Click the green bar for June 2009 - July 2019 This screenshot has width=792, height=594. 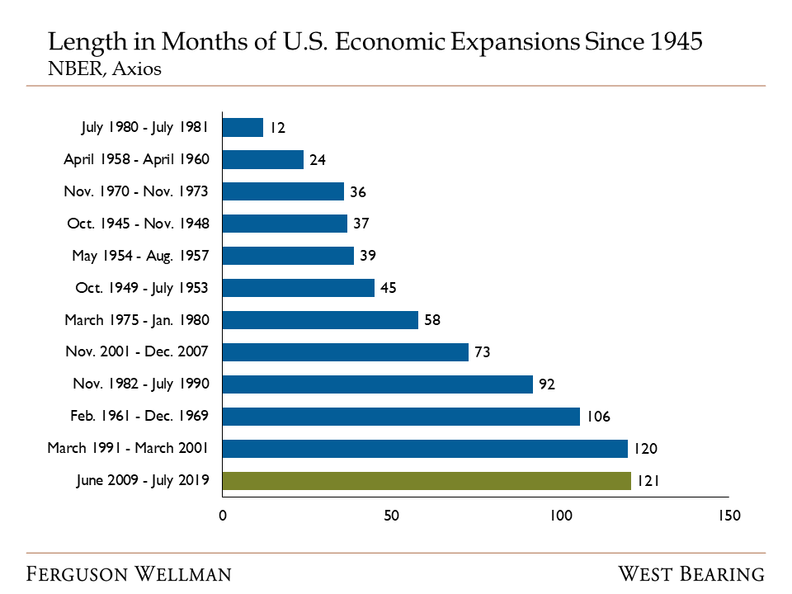427,481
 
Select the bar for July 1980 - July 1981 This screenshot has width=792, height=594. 243,128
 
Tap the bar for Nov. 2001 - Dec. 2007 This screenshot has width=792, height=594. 345,352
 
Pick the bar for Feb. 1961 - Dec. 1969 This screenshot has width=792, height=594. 401,417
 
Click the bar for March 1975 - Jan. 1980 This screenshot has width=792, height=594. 320,320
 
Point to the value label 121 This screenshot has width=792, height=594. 648,482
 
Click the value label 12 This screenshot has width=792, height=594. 277,128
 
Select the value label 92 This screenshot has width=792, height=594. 548,384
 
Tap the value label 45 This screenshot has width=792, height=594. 389,288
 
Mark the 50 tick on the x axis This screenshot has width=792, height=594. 391,516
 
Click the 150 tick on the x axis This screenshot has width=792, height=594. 729,516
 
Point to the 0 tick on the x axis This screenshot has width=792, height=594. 223,516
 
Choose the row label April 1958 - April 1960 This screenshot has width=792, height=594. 136,159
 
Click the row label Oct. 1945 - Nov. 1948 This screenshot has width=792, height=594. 138,224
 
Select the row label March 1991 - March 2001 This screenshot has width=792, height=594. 128,448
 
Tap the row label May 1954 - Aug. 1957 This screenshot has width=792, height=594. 140,256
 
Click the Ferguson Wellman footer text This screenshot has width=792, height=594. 130,573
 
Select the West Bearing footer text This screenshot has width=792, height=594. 691,573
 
